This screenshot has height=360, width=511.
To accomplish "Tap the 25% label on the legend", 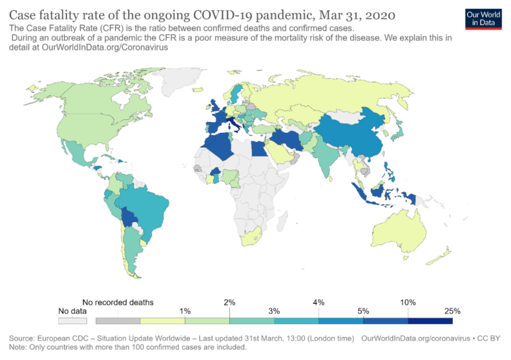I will point(453,311).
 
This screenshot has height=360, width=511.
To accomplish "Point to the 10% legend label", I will point(408,302).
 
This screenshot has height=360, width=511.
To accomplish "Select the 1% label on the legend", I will point(185,311).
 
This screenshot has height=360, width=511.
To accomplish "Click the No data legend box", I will point(72,320).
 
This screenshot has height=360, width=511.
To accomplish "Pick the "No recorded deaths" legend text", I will point(118,302).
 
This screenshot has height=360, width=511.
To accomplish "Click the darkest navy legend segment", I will point(431,320).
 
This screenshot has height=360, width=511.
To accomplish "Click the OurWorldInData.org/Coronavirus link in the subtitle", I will point(109,47).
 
